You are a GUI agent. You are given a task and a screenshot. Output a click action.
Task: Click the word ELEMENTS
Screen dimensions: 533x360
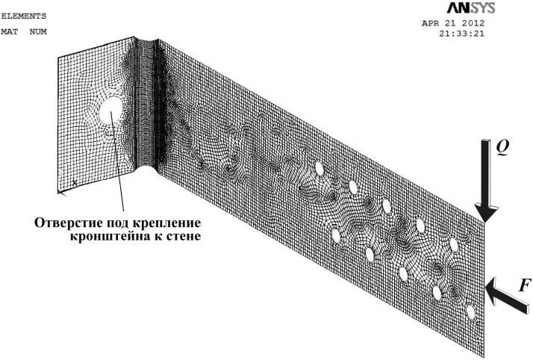tap(23, 15)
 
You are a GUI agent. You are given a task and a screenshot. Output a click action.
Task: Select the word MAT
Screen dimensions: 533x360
tap(11, 31)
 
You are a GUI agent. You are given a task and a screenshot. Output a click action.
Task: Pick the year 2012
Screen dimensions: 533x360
tap(471, 22)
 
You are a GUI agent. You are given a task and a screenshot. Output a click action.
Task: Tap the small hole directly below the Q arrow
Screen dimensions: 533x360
tap(453, 245)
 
